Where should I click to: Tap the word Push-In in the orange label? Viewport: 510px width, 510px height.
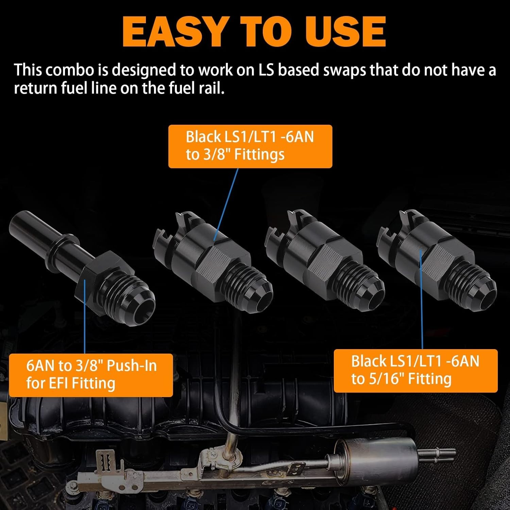coord(132,366)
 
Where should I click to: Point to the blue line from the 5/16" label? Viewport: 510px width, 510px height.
coord(421,300)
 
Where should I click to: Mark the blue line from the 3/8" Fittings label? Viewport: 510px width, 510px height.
coord(226,204)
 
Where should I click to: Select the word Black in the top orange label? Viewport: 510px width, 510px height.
coord(203,137)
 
